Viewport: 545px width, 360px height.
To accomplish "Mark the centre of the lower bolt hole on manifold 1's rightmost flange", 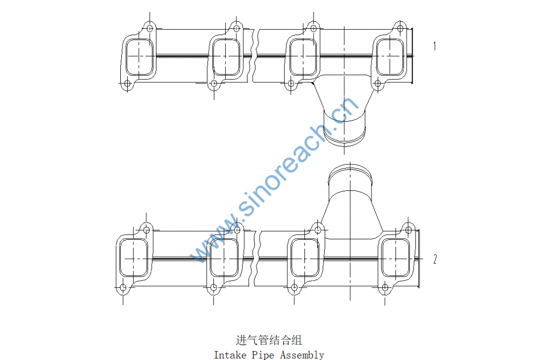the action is pos(377,83).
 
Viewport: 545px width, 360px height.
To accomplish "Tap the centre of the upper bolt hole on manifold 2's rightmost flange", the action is pos(408,230).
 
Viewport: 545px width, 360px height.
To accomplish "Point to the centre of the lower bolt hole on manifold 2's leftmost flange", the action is pos(123,288).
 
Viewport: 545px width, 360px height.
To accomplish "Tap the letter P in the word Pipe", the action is pos(254,355).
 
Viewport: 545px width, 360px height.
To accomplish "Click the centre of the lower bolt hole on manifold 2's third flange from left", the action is pos(294,288).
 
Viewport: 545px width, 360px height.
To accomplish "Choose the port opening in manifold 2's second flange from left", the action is pos(224,257).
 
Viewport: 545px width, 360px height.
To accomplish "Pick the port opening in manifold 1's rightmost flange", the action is pos(390,56).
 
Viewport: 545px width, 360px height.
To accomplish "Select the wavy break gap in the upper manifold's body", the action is pos(256,56).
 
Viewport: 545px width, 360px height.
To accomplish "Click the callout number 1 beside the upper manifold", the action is pos(434,46).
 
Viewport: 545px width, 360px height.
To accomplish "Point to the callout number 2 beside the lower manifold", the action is pos(435,259).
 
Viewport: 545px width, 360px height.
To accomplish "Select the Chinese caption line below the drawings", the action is pos(269,340).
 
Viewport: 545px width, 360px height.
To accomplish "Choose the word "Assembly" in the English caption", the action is pos(302,355).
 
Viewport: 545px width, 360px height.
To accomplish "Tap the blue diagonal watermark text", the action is pos(275,180).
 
